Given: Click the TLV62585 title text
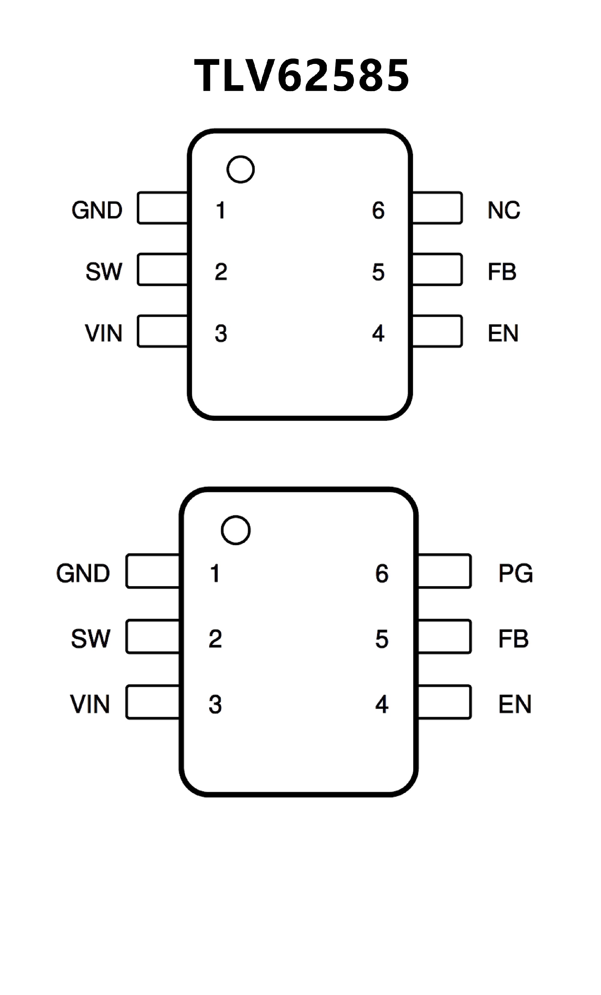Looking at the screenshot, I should tap(301, 75).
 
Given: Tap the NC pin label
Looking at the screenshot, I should tap(504, 210).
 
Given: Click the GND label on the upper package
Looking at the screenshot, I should tap(97, 210).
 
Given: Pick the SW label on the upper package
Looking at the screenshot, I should tap(104, 272).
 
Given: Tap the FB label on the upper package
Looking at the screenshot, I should tap(502, 272).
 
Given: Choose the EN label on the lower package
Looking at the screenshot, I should tap(515, 704).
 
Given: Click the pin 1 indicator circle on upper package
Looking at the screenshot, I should tap(241, 169).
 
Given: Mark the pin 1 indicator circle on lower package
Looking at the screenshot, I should tap(236, 530).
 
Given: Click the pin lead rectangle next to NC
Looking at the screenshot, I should tap(437, 208).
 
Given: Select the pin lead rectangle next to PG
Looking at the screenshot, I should tap(444, 571).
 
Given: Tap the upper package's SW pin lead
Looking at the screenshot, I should tap(162, 269).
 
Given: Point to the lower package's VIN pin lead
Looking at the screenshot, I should tap(152, 702).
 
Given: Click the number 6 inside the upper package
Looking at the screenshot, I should tap(378, 210).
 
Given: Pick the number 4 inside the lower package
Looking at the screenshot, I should tap(382, 705).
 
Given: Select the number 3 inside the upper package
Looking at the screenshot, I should tap(221, 334).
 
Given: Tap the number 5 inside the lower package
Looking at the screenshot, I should tap(382, 639).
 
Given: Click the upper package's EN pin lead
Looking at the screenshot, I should tap(437, 331).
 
